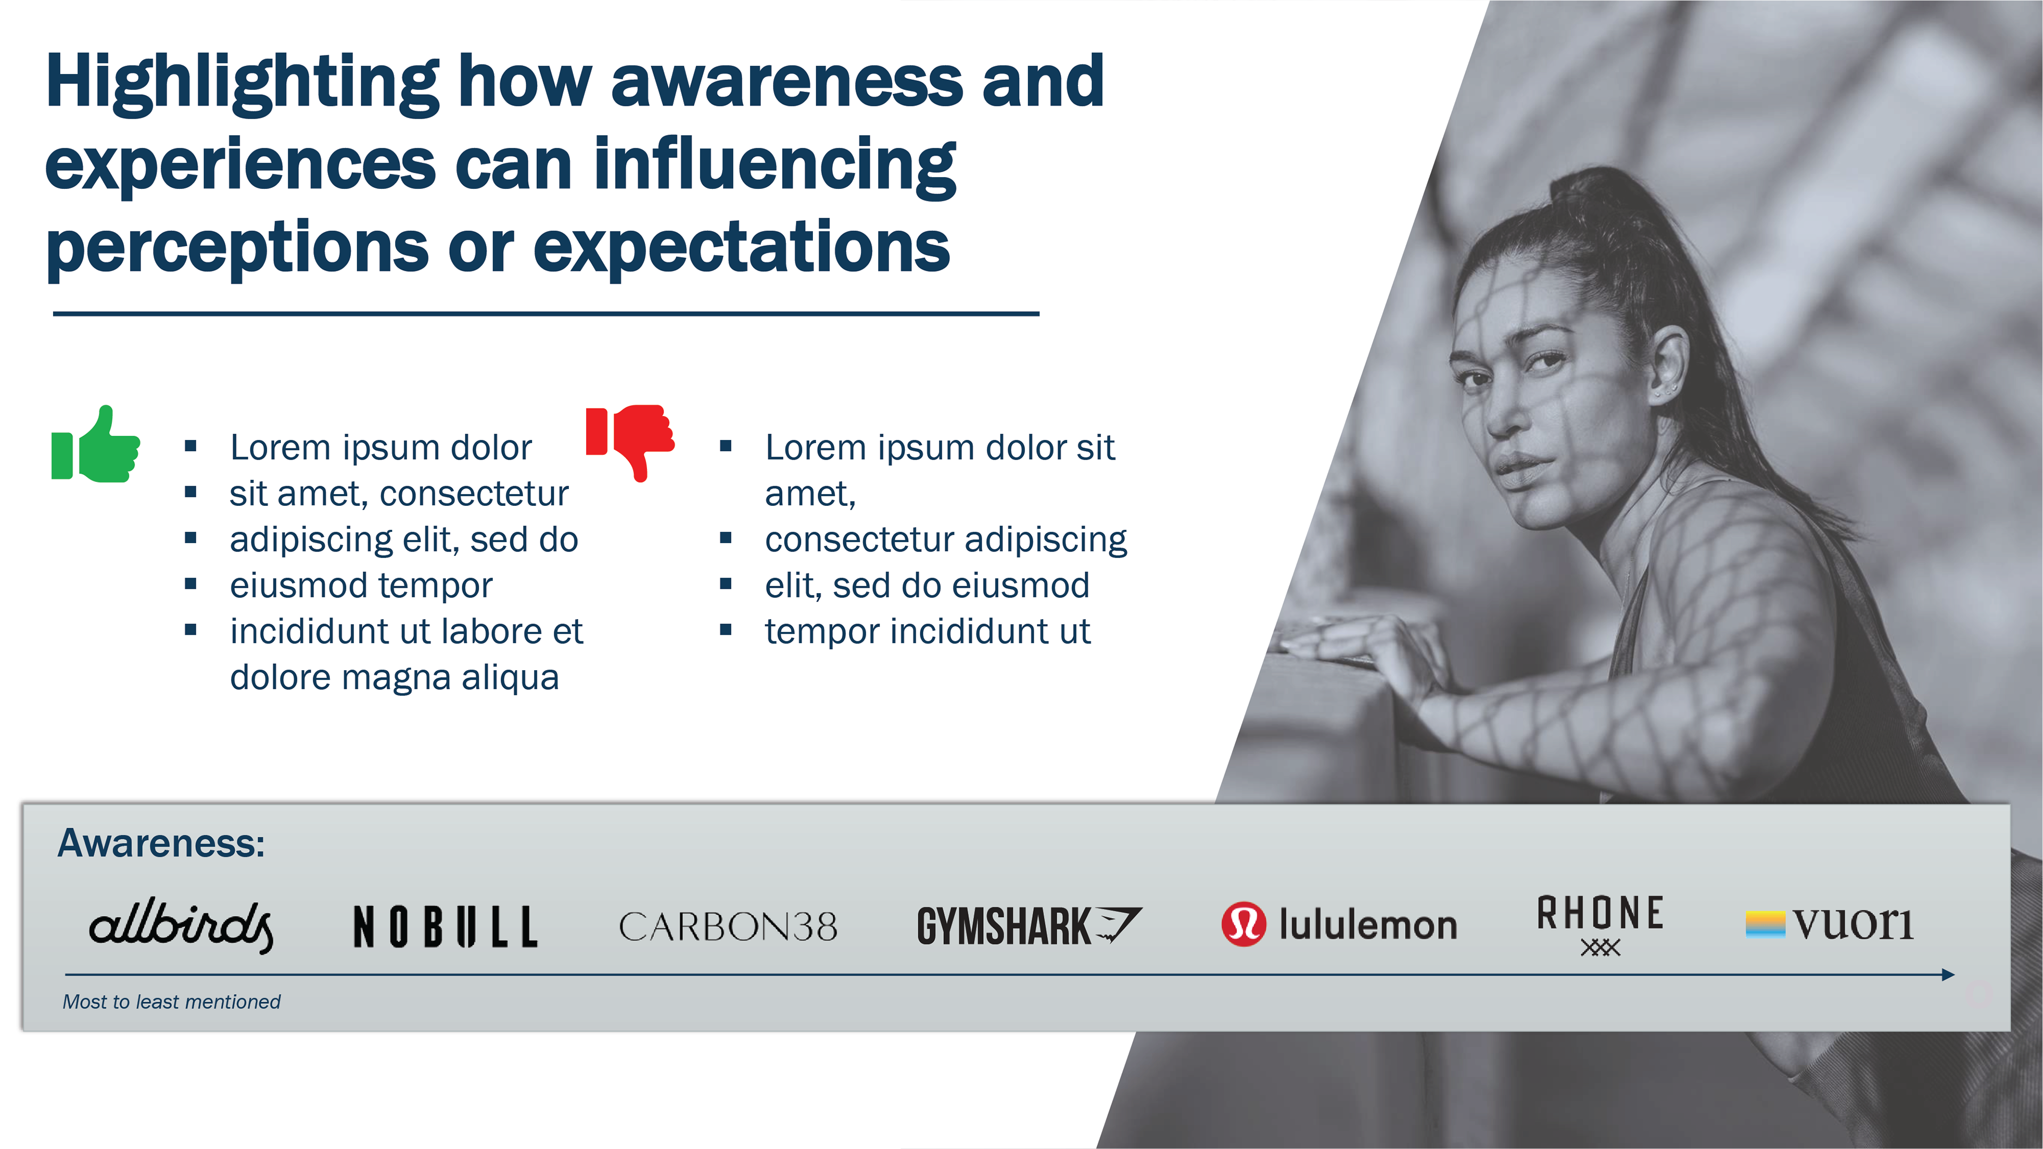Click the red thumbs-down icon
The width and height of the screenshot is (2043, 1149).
[630, 442]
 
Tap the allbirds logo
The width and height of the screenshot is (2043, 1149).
[181, 926]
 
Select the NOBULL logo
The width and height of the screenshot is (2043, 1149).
[445, 926]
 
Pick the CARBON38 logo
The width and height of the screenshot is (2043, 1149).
[728, 926]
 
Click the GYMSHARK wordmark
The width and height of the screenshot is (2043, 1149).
[1003, 926]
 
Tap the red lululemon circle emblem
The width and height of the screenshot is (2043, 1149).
[1243, 925]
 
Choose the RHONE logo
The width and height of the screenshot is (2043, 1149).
[1600, 925]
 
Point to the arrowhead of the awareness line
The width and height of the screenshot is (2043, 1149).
[1949, 975]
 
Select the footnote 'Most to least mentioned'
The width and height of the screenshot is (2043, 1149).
[171, 1002]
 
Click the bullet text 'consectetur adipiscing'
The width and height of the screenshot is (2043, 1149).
[945, 540]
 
